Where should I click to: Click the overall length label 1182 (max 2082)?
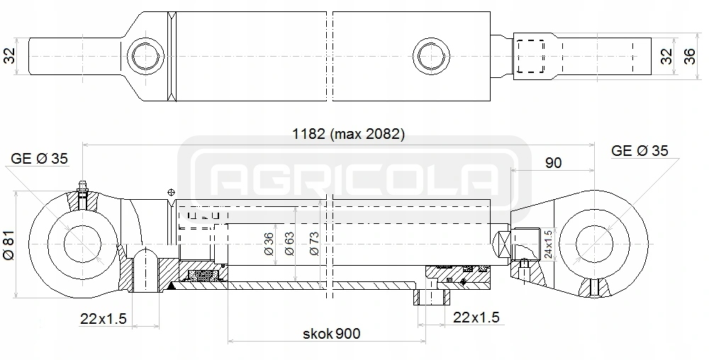348,134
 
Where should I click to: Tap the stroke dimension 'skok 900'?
331,334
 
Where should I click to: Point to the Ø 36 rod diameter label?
269,244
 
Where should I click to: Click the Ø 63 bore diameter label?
289,244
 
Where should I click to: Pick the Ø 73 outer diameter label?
314,244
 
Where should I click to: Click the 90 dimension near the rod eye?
553,162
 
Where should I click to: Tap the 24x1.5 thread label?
548,244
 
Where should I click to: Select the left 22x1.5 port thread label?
103,318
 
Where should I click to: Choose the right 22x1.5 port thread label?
476,317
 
